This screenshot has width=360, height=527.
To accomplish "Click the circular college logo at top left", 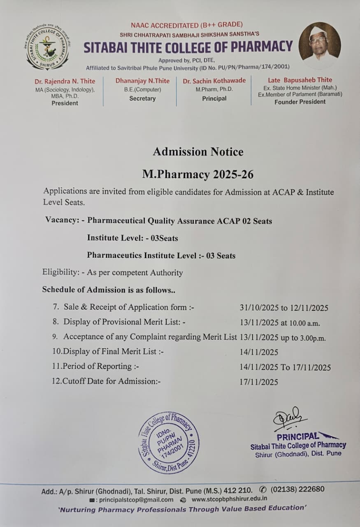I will (47, 47).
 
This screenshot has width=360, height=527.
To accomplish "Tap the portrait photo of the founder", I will (319, 42).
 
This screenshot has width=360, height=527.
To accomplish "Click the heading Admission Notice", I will (198, 152).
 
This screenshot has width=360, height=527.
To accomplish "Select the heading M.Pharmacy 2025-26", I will (198, 174).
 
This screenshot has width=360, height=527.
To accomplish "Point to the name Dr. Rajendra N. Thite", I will (65, 81).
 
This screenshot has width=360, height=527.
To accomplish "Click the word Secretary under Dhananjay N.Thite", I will (142, 98).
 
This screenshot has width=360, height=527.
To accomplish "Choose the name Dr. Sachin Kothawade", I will (214, 81).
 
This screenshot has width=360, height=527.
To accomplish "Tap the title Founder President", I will (300, 102).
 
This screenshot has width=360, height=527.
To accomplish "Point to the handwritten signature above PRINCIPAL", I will (290, 420).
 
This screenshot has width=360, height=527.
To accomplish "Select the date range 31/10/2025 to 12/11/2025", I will (284, 308).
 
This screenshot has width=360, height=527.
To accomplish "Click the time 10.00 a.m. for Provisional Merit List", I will (301, 323).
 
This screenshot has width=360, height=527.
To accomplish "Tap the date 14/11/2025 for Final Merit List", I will (259, 352).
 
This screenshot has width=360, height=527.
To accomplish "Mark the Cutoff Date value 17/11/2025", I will (259, 382).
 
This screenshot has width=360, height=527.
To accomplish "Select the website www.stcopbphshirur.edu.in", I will (230, 499).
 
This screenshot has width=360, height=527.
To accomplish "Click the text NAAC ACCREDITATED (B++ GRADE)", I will (187, 25).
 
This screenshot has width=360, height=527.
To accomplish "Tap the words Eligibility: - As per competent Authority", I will (112, 273).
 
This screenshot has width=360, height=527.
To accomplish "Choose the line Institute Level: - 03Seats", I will (132, 238).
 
